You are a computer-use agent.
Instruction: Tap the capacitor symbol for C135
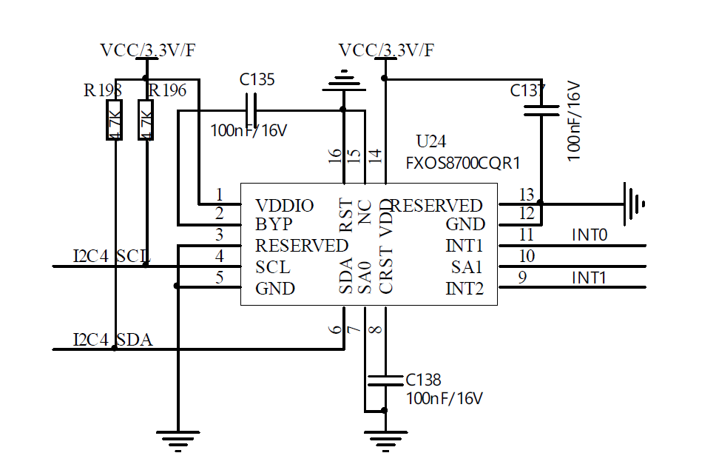(252, 110)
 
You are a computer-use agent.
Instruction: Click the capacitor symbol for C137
(541, 110)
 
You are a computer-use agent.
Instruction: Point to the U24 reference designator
(431, 141)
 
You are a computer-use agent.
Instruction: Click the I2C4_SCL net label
(110, 256)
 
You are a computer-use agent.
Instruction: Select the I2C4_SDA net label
(112, 340)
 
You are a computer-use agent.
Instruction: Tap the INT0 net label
(590, 236)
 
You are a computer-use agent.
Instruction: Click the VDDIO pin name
(284, 206)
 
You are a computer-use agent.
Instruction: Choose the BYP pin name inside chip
(273, 224)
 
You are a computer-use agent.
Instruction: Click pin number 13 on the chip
(526, 195)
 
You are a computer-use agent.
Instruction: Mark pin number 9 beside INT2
(523, 278)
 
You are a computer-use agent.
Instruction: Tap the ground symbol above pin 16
(342, 78)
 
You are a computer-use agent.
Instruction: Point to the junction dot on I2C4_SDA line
(114, 348)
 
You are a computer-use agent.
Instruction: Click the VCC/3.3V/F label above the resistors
(148, 50)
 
